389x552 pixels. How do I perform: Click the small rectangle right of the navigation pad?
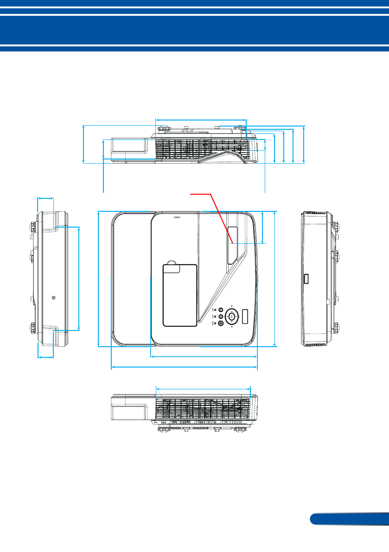245,317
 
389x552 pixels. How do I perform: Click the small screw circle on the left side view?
54,298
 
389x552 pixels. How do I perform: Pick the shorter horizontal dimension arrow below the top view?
204,357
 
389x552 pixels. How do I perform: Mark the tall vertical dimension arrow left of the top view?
99,278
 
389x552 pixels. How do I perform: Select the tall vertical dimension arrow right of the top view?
275,278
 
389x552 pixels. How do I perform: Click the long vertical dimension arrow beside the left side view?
79,278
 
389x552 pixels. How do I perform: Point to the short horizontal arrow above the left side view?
45,198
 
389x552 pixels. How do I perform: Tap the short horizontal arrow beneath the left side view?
45,357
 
